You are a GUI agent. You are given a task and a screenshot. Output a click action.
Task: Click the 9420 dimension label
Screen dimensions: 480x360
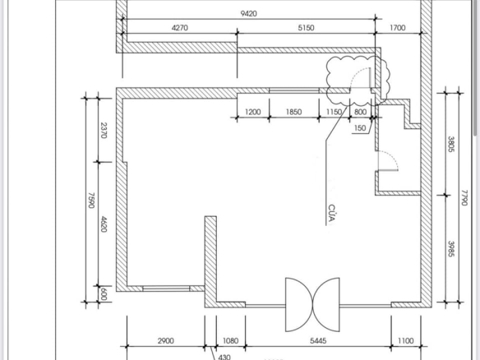click(248, 14)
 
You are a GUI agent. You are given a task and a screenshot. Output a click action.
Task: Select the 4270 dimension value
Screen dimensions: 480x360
click(180, 28)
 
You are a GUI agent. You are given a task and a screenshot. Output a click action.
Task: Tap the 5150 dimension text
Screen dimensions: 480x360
click(306, 28)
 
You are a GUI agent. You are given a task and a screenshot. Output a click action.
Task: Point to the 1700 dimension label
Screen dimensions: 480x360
click(397, 28)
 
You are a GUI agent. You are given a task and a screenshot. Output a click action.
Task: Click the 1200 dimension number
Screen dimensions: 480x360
click(253, 112)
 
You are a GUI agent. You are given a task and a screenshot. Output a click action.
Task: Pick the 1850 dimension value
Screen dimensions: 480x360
click(293, 112)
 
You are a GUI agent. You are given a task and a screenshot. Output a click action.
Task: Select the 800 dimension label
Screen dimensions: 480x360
click(360, 112)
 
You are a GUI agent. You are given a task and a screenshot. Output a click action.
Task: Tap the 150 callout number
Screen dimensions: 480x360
click(360, 127)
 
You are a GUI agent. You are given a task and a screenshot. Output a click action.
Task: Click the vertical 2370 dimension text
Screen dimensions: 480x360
click(104, 131)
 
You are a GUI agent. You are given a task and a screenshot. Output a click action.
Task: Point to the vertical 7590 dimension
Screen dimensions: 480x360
click(91, 201)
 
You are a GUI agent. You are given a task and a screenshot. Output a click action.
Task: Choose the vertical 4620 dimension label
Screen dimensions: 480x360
click(104, 224)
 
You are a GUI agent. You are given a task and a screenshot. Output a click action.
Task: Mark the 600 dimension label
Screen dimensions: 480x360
click(104, 294)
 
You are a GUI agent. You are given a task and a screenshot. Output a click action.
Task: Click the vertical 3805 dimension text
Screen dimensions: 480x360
click(451, 144)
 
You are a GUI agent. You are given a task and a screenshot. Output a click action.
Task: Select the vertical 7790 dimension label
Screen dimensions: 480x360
click(464, 198)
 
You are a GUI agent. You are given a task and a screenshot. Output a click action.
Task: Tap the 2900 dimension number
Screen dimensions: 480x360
click(165, 341)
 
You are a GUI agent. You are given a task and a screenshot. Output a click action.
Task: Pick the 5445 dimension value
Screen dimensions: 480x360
click(318, 341)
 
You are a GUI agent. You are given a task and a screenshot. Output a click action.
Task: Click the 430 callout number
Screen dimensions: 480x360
click(224, 357)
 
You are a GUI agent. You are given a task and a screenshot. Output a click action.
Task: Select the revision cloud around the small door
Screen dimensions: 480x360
click(327, 81)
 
